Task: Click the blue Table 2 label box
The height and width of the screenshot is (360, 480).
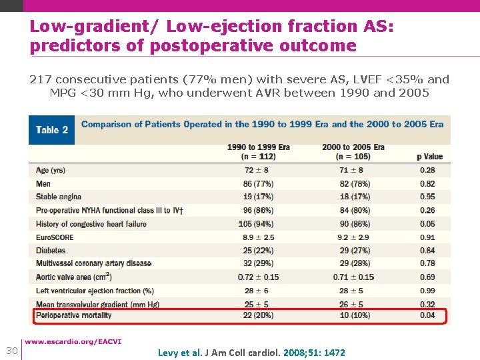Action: point(52,130)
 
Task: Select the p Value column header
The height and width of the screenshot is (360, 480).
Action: point(429,157)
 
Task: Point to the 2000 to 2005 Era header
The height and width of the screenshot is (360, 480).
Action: point(353,151)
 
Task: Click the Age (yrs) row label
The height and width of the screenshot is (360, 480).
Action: point(51,171)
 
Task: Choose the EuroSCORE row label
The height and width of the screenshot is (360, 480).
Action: point(55,237)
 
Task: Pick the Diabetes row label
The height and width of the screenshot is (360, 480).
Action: point(51,251)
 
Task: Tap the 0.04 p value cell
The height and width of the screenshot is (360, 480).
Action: point(427,315)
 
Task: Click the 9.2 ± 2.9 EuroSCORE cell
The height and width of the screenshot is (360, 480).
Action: point(353,237)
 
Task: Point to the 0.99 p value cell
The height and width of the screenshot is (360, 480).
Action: point(427,291)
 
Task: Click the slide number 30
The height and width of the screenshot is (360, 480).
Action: point(11,351)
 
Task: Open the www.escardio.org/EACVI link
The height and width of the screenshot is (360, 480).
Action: point(82,342)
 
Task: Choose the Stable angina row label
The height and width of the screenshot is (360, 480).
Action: point(59,197)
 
